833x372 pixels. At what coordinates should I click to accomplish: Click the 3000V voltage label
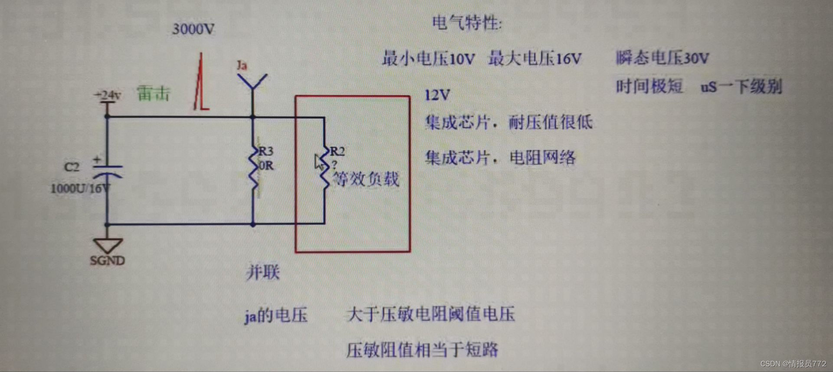point(193,29)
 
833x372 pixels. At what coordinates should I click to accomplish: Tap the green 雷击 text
point(153,94)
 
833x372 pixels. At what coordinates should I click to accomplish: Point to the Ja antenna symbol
point(252,82)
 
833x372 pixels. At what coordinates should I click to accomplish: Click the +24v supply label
point(108,95)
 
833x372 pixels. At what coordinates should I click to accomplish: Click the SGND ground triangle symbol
point(108,245)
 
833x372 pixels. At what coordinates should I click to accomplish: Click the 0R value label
point(266,166)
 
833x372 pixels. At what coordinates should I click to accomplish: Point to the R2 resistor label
point(337,151)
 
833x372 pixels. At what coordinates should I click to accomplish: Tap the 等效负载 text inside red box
point(365,179)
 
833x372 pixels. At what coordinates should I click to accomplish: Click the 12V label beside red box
point(437,95)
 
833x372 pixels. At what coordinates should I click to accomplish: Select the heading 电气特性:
point(466,23)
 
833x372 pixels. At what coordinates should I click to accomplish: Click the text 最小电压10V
point(428,59)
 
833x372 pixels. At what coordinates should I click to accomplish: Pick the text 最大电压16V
point(535,59)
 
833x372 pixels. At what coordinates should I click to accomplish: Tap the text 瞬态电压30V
point(662,58)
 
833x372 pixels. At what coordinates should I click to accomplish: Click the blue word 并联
point(263,273)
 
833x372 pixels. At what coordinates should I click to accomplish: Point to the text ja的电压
point(276,315)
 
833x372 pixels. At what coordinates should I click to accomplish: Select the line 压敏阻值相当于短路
point(422,349)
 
